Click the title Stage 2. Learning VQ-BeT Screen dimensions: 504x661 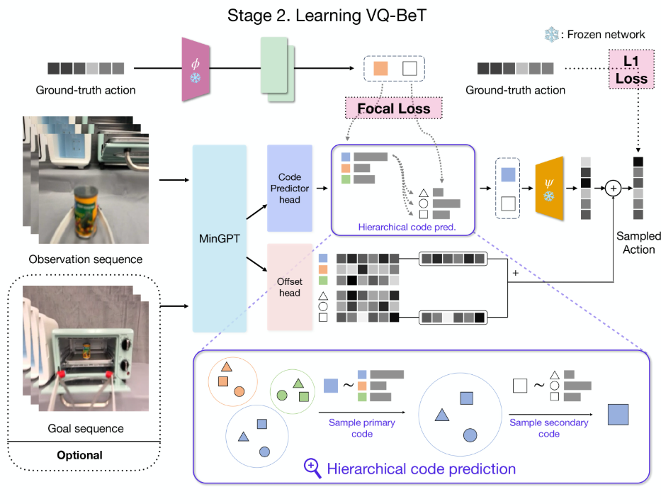[x=327, y=16]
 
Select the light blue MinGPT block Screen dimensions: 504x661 [x=220, y=238]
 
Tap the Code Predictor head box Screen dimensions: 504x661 [x=290, y=189]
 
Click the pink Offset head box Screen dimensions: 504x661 [x=290, y=287]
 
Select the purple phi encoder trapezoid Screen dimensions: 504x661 [x=195, y=69]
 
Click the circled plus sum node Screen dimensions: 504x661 [x=613, y=189]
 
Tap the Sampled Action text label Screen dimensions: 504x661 [x=638, y=242]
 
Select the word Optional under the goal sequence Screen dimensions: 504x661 [x=80, y=455]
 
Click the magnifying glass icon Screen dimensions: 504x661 [x=312, y=467]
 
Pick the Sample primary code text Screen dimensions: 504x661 [x=361, y=427]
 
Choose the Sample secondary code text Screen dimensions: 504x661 [x=549, y=427]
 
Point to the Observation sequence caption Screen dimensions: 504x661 [x=85, y=259]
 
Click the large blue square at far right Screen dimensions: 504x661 [x=618, y=413]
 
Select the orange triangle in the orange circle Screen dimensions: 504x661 [x=227, y=367]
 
